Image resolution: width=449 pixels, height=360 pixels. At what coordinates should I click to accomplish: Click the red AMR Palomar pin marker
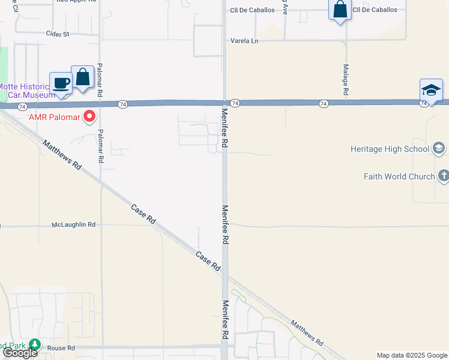[x=90, y=116]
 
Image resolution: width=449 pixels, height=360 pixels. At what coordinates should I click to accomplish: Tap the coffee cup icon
[x=61, y=82]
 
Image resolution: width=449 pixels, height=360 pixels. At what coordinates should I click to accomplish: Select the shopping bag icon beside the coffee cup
[x=83, y=78]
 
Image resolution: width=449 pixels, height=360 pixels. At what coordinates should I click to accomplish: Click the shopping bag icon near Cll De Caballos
[x=340, y=10]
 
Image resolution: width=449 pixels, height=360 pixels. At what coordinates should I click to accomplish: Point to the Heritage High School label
[x=390, y=149]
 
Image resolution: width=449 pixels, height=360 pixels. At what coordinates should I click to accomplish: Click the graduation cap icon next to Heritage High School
[x=439, y=148]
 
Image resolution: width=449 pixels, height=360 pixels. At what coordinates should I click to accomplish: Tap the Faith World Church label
[x=399, y=176]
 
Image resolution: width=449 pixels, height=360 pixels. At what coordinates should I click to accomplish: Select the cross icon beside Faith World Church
[x=443, y=176]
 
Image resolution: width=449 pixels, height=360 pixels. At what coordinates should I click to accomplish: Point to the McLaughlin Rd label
[x=74, y=224]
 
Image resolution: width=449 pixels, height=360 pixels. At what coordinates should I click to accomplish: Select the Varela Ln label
[x=244, y=41]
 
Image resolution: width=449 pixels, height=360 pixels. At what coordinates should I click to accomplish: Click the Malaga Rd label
[x=346, y=80]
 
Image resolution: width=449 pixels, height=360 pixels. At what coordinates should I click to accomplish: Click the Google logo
[x=20, y=353]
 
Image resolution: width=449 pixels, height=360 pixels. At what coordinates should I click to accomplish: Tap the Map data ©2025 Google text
[x=412, y=355]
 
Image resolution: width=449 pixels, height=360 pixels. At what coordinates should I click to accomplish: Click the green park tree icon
[x=35, y=345]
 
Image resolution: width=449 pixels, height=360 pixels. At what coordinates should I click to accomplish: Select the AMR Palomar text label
[x=55, y=116]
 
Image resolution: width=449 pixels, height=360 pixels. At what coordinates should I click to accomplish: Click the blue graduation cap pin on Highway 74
[x=431, y=90]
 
